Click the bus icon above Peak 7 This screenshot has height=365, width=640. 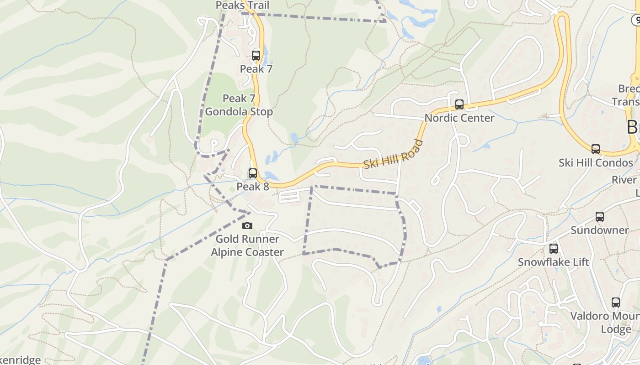(256, 56)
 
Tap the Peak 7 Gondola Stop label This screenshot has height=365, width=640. (239, 105)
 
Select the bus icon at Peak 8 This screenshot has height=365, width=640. (253, 173)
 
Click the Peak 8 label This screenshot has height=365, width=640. (252, 187)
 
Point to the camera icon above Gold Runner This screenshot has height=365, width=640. (247, 225)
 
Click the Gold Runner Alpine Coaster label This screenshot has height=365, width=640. (247, 245)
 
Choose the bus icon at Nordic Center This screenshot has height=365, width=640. (459, 104)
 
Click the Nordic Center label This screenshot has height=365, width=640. (459, 118)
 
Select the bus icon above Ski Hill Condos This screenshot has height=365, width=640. (596, 149)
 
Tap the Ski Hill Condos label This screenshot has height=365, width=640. (596, 163)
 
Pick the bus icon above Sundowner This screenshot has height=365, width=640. (600, 217)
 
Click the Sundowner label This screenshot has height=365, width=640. (600, 230)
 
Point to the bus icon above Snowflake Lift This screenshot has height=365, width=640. (554, 249)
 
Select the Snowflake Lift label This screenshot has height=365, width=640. (554, 262)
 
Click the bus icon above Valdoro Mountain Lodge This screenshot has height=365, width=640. (616, 302)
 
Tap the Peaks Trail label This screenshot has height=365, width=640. (242, 5)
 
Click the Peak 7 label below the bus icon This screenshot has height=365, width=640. (256, 69)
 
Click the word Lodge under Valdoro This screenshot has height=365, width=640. (616, 329)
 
